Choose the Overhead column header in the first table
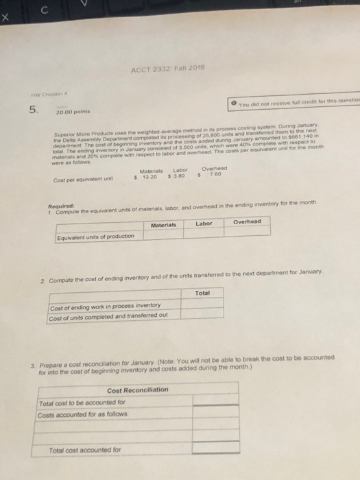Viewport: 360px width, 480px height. point(248,222)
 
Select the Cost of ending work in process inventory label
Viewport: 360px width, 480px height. point(106,306)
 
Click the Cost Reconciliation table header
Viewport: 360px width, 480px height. point(137,389)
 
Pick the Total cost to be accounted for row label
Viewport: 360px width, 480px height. point(83,402)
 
